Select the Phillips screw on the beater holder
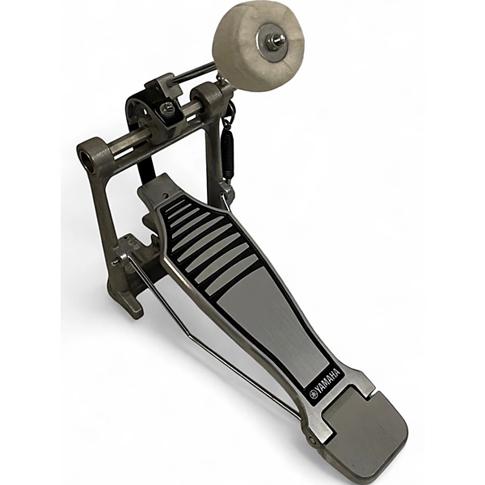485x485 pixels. [x=168, y=108]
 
